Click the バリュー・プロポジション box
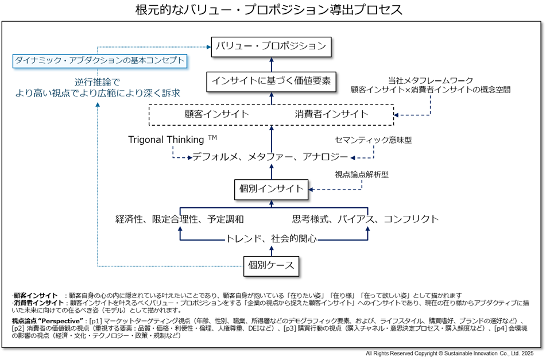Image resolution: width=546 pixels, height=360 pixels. tap(271, 47)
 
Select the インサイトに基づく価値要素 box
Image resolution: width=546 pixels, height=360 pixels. tap(271, 82)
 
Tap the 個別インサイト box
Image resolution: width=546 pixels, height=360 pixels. tap(271, 189)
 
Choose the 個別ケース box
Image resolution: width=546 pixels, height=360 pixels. tap(271, 266)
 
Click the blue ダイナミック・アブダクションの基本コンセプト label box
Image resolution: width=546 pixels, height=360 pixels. tap(99, 61)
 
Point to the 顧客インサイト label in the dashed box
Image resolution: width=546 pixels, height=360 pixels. tap(216, 114)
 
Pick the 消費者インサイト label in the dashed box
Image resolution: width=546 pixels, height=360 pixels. tap(331, 114)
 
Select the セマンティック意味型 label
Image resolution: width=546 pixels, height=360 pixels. tap(373, 140)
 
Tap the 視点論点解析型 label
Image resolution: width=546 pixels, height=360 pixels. tap(362, 175)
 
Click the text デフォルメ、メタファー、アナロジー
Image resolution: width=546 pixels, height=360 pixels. tap(270, 157)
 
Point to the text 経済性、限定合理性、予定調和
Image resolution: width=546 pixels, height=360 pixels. tap(180, 219)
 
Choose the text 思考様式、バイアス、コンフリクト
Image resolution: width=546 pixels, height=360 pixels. tap(365, 219)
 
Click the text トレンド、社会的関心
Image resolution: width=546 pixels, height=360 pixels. tap(271, 238)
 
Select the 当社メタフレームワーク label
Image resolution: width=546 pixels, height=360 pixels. tap(431, 81)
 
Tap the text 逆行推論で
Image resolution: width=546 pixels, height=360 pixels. tap(98, 83)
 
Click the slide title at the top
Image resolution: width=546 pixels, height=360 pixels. tap(269, 9)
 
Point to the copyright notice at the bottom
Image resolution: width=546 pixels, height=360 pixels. tap(450, 353)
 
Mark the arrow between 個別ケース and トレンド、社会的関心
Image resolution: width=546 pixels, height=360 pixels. tap(272, 251)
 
